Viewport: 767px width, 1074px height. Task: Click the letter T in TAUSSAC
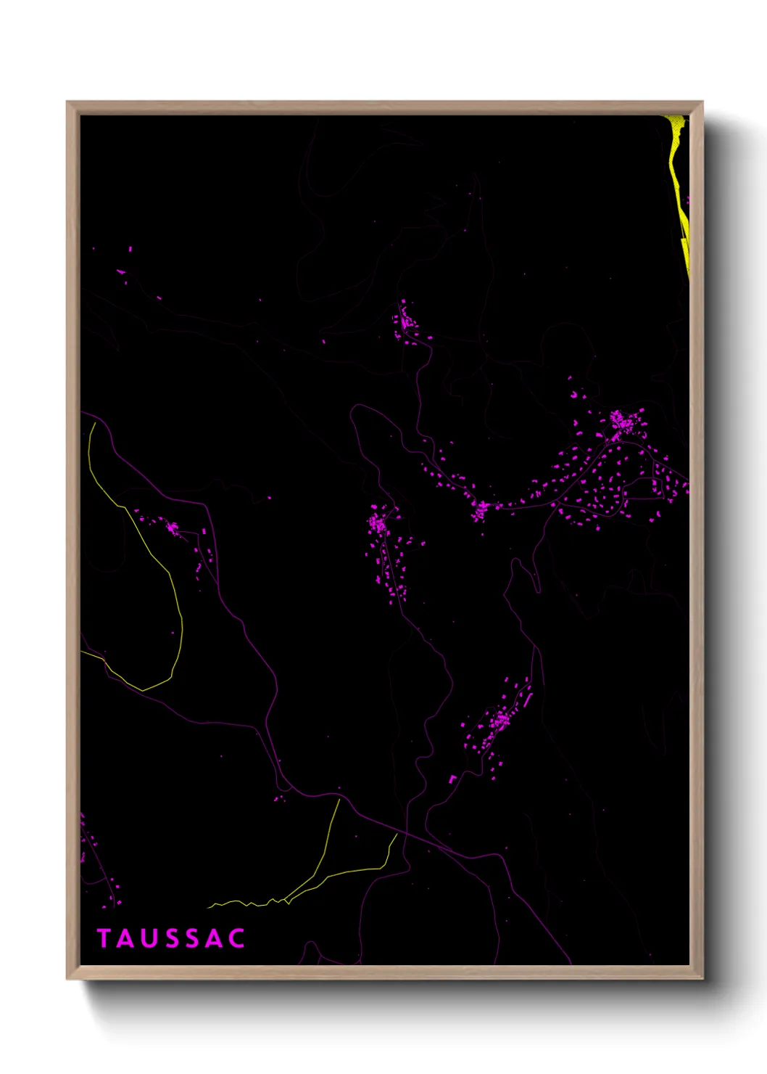(103, 938)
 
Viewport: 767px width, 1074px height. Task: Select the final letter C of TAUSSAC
(236, 938)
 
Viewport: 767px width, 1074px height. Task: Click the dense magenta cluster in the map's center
(378, 522)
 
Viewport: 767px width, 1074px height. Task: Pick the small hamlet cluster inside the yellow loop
(173, 528)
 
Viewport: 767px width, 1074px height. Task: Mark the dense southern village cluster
(499, 721)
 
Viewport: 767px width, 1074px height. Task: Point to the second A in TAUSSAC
(215, 938)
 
